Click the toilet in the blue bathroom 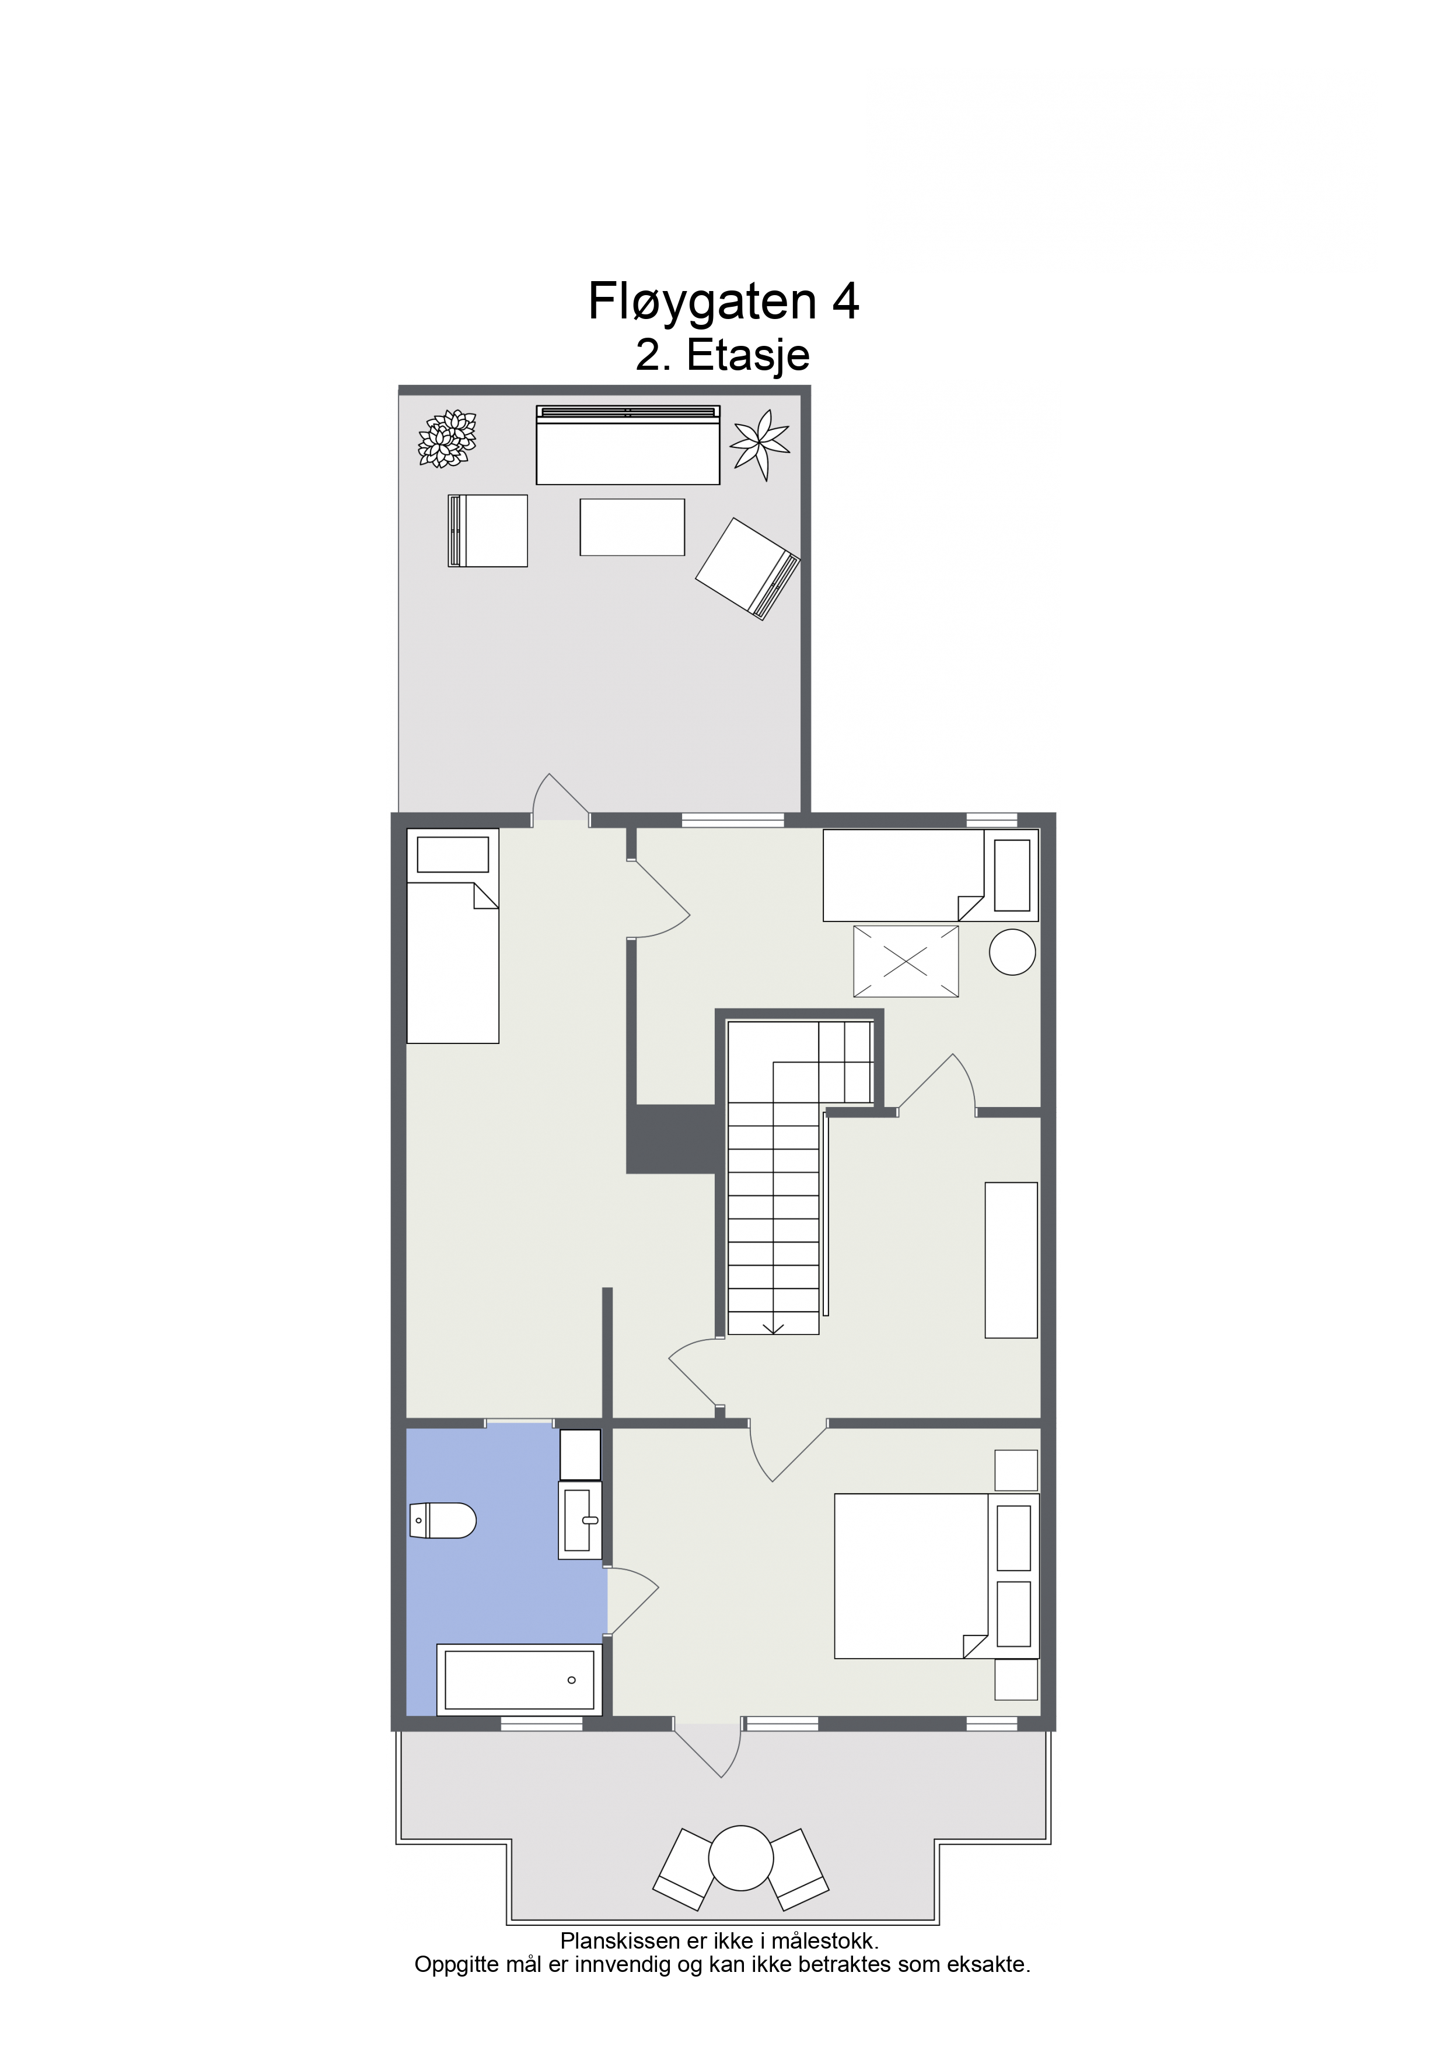click(x=442, y=1521)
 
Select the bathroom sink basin click(x=579, y=1521)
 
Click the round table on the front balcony click(x=740, y=1858)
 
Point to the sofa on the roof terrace click(x=628, y=444)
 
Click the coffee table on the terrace click(x=632, y=527)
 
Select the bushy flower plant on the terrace click(x=448, y=439)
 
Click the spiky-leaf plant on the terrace click(x=760, y=444)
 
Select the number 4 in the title click(x=845, y=301)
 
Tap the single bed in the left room click(x=453, y=936)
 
